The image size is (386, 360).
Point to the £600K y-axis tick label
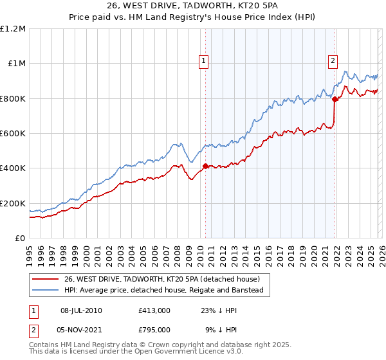click(x=13, y=134)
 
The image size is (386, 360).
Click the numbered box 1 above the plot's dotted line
click(x=203, y=61)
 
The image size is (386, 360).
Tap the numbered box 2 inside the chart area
click(x=333, y=61)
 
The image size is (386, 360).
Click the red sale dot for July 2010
click(x=205, y=166)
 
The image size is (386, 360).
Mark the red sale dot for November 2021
click(x=335, y=99)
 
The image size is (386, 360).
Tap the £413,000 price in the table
click(x=154, y=310)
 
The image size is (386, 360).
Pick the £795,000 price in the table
click(x=154, y=330)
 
